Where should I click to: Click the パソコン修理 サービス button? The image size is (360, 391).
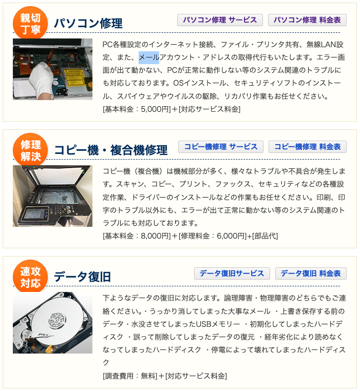[x=220, y=20]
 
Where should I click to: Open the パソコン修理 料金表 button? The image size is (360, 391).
[x=307, y=20]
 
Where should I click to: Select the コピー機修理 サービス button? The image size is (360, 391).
[x=221, y=147]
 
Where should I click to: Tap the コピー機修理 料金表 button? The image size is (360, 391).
[x=308, y=147]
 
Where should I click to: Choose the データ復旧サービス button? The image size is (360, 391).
[x=232, y=273]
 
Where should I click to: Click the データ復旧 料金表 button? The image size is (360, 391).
[x=311, y=273]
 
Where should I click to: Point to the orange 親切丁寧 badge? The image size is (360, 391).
[x=30, y=23]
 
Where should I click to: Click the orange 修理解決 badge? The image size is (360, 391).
[x=30, y=150]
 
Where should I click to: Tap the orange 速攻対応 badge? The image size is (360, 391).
[x=30, y=277]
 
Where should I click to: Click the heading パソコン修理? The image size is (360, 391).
[x=88, y=24]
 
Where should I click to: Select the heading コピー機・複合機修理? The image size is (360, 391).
[x=111, y=150]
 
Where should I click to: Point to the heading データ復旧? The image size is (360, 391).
[x=82, y=277]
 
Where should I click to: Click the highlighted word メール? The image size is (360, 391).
[x=149, y=57]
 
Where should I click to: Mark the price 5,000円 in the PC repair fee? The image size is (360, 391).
[x=156, y=109]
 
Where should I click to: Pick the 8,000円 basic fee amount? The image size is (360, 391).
[x=156, y=236]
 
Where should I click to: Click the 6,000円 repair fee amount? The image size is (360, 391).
[x=232, y=236]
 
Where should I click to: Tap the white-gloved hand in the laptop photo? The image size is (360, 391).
[x=43, y=81]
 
